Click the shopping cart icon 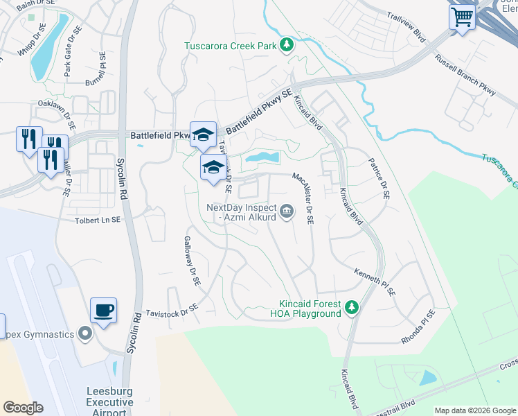[462, 16]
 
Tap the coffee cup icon [103, 311]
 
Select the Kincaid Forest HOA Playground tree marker [352, 306]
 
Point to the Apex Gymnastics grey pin [85, 335]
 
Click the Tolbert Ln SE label [98, 220]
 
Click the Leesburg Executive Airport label [109, 401]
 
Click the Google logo [23, 408]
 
